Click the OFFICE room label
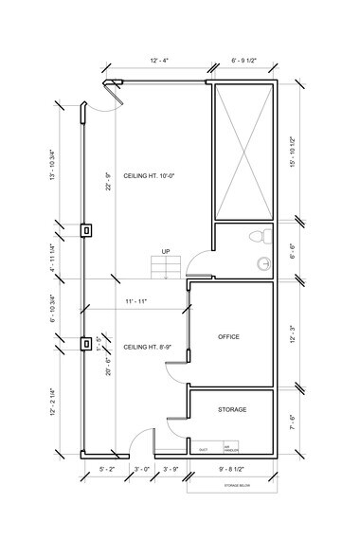click(x=228, y=337)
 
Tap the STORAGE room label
click(x=232, y=409)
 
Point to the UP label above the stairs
click(x=166, y=252)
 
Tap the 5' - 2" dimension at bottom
click(x=107, y=469)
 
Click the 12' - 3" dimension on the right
click(x=295, y=332)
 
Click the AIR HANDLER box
click(x=229, y=447)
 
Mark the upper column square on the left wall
click(x=85, y=228)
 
